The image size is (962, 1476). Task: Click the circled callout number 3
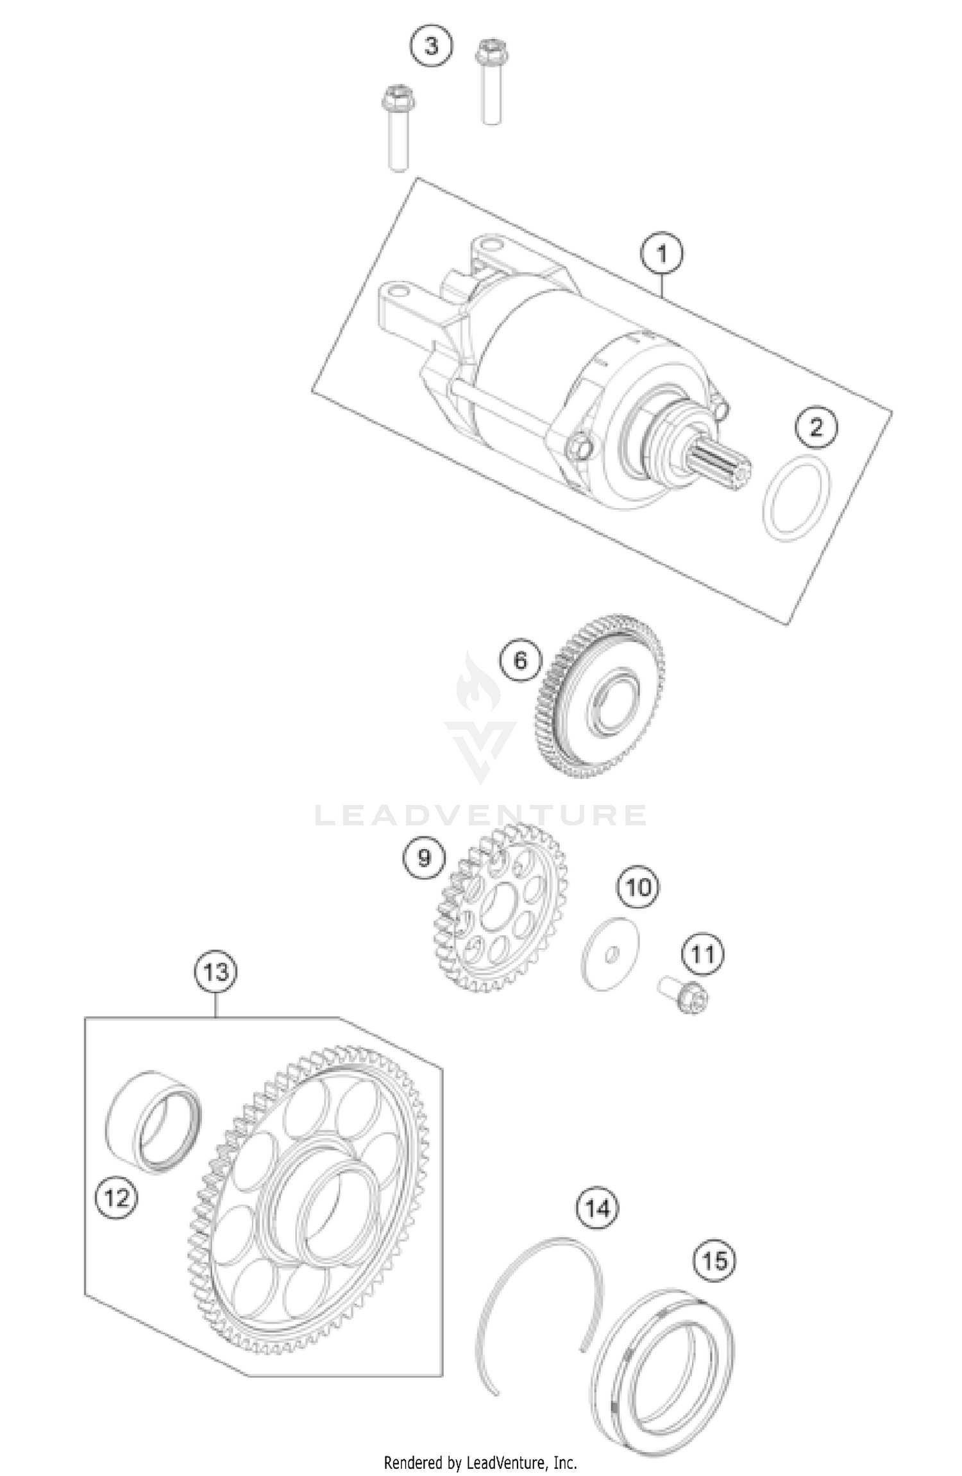coord(431,47)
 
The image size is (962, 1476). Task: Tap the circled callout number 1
coord(662,254)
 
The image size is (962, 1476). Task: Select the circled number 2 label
coord(816,427)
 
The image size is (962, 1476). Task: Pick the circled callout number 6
coord(520,659)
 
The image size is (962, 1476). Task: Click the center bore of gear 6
coord(614,701)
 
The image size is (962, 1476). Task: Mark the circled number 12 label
coord(117,1197)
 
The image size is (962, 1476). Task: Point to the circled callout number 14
coord(597,1209)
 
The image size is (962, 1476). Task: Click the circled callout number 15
coord(714,1261)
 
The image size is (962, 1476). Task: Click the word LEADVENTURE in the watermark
coord(481,815)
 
